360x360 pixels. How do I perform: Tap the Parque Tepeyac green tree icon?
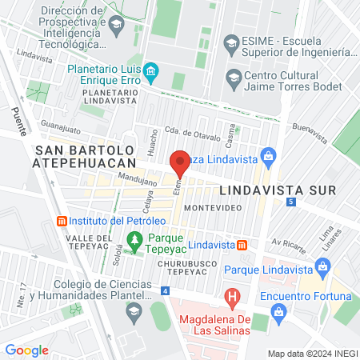[x=134, y=238]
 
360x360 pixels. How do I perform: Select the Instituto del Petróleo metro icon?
[x=60, y=220]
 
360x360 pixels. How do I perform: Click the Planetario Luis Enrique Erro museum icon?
[x=150, y=75]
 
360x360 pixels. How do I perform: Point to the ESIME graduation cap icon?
[x=231, y=43]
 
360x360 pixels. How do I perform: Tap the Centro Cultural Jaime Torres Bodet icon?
[x=234, y=78]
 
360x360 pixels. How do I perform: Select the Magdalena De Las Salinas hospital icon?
[x=232, y=299]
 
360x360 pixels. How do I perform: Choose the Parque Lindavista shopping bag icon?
[x=323, y=270]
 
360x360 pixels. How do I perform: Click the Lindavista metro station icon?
[x=242, y=244]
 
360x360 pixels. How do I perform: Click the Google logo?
[x=26, y=350]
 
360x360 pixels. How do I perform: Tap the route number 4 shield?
[x=165, y=290]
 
